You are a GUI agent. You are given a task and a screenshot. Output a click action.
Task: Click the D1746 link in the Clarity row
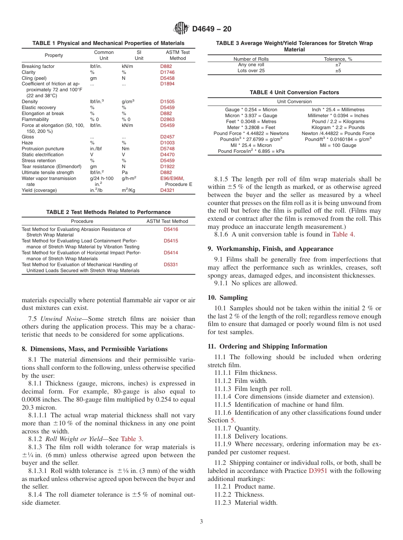pyautogui.click(x=167, y=72)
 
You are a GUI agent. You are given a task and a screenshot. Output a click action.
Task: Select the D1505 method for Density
pyautogui.click(x=167, y=101)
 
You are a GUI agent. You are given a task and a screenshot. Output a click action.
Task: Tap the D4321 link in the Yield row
pyautogui.click(x=167, y=190)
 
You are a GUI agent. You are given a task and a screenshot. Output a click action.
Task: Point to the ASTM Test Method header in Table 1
pyautogui.click(x=177, y=55)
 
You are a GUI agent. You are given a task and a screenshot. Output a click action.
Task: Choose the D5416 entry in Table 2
pyautogui.click(x=171, y=229)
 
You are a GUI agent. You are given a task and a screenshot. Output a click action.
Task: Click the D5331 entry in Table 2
pyautogui.click(x=171, y=264)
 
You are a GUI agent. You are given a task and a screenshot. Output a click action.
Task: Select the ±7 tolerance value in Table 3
pyautogui.click(x=338, y=65)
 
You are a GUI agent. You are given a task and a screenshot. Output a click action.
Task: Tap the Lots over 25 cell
pyautogui.click(x=251, y=71)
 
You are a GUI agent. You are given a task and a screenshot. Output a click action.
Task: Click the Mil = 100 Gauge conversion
pyautogui.click(x=338, y=145)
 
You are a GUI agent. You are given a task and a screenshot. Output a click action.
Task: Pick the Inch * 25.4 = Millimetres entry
pyautogui.click(x=338, y=110)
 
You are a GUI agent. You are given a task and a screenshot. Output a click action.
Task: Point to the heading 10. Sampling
pyautogui.click(x=228, y=298)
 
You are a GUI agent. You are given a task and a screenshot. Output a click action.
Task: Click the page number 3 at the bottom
pyautogui.click(x=201, y=521)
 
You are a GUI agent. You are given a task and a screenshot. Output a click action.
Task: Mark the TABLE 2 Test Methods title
pyautogui.click(x=108, y=212)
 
